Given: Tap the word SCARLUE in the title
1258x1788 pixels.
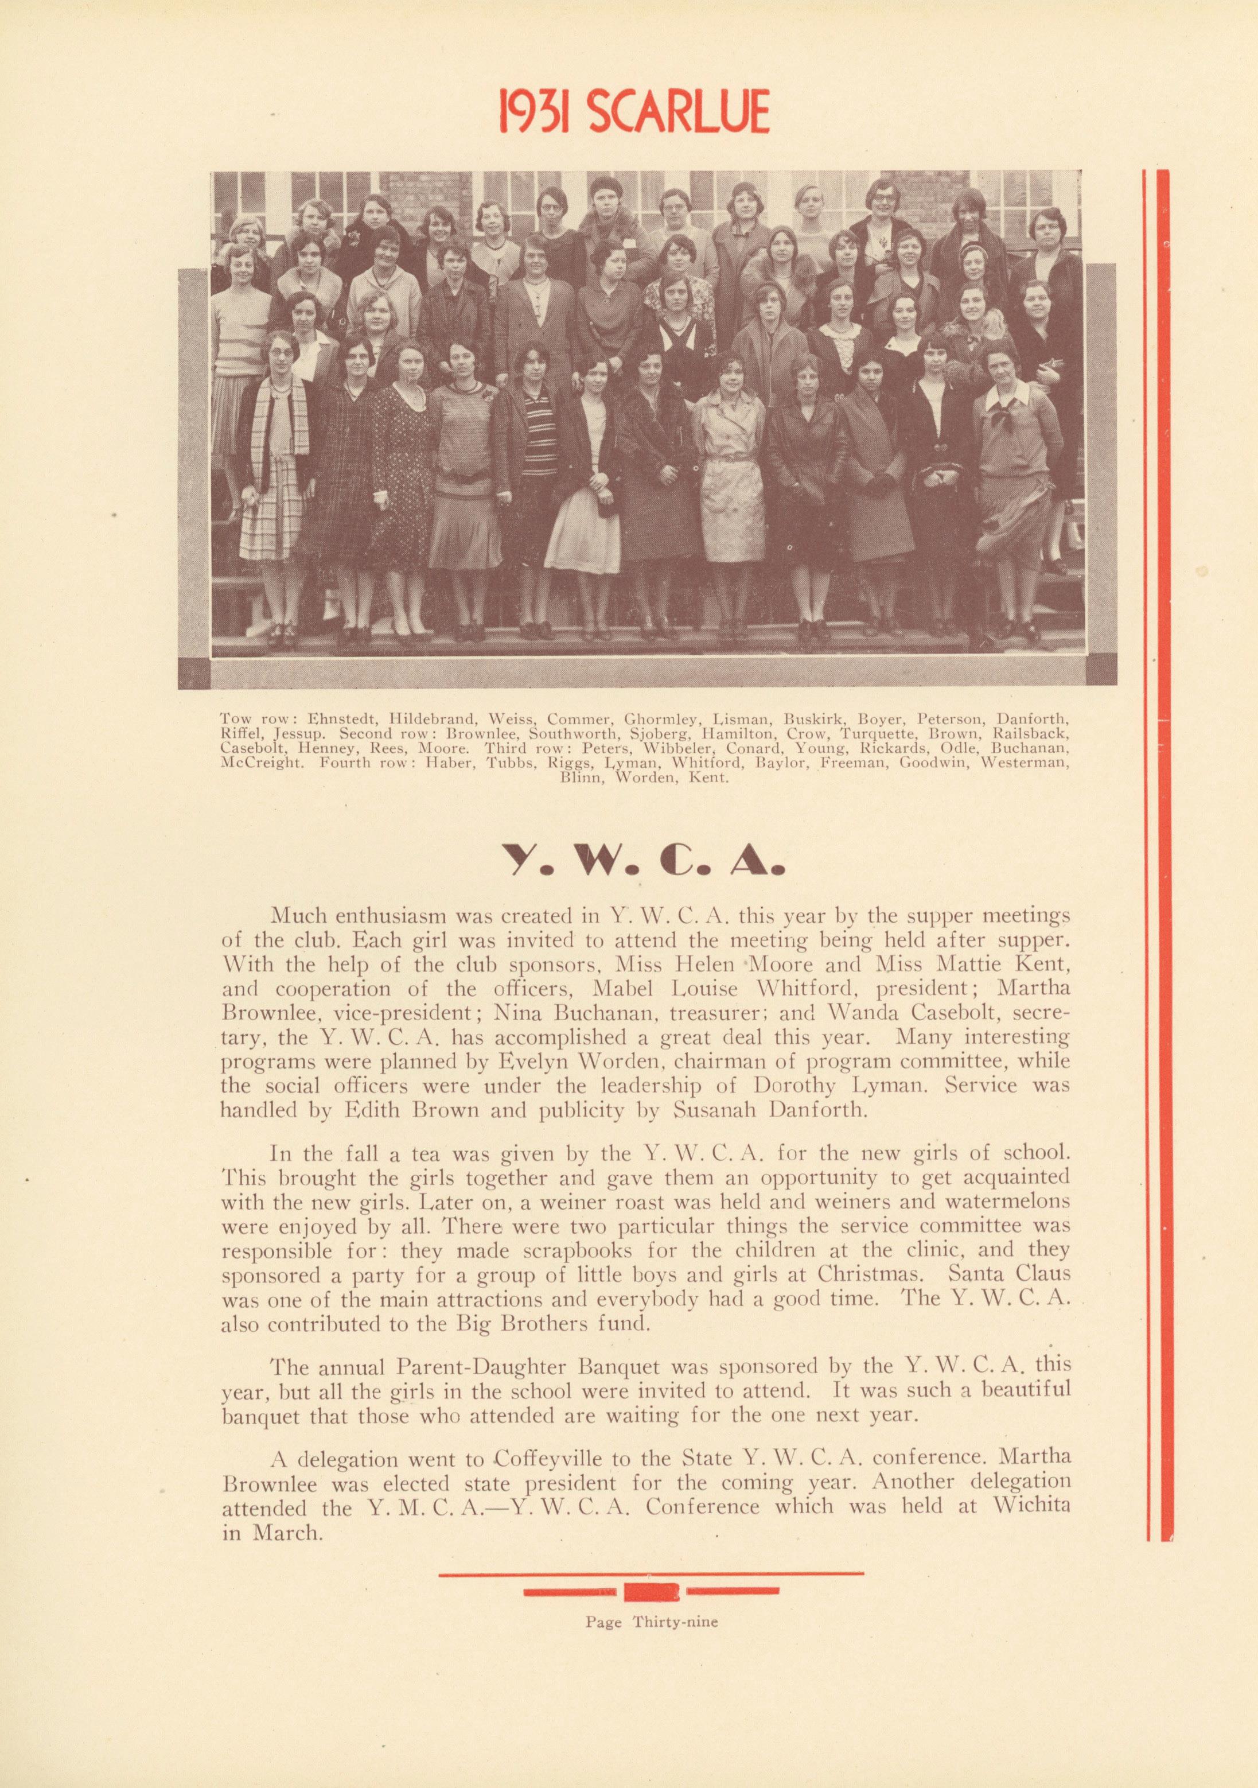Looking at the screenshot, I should click(680, 111).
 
